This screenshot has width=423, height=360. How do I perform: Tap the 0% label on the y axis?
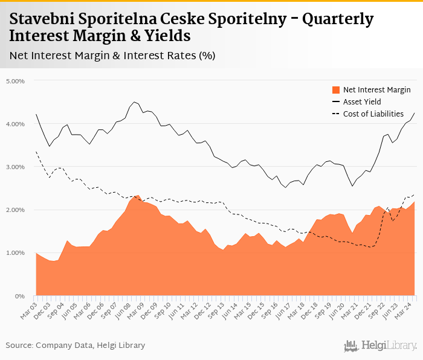tap(21, 296)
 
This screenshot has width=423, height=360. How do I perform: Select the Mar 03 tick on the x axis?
tap(30, 307)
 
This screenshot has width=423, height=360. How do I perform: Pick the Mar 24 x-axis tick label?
tap(406, 307)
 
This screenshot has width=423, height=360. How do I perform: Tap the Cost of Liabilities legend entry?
tap(373, 114)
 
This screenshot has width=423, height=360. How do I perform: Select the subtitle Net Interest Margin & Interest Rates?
tap(112, 56)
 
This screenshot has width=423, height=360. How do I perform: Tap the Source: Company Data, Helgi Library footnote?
tap(76, 345)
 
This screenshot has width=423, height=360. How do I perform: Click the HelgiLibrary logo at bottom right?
tap(380, 346)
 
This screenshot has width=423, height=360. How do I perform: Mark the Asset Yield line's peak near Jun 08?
tap(134, 102)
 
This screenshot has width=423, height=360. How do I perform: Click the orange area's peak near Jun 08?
tap(138, 195)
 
